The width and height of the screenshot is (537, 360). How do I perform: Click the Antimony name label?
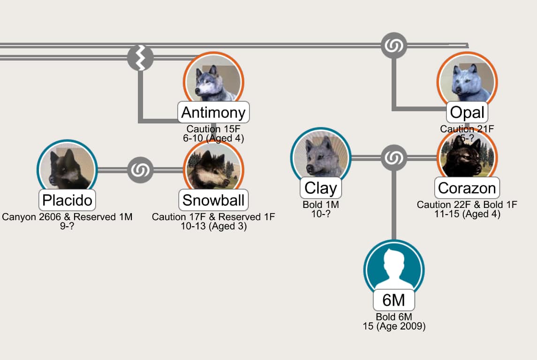click(x=213, y=112)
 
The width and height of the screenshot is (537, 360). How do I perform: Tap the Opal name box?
click(x=467, y=112)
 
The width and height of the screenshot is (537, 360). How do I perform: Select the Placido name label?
click(x=67, y=200)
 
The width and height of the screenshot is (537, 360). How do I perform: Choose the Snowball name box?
click(x=213, y=200)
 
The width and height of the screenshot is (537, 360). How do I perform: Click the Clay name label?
click(x=320, y=188)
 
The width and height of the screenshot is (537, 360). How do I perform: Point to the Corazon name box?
click(x=467, y=188)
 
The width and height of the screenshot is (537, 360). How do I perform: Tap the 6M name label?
click(x=394, y=300)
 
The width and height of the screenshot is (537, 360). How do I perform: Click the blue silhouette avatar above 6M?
click(x=394, y=269)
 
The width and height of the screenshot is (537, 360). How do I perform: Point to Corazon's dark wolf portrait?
click(x=467, y=156)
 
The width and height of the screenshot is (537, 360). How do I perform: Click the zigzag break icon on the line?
click(x=140, y=58)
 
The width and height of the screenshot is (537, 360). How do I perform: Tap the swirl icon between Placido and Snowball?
click(x=140, y=170)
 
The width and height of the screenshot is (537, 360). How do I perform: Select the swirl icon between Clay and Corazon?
click(x=394, y=158)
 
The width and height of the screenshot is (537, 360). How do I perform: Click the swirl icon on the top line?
click(x=394, y=45)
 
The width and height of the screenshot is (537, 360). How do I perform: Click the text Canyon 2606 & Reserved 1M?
click(x=67, y=217)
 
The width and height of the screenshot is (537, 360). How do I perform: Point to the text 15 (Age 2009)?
click(x=394, y=326)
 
